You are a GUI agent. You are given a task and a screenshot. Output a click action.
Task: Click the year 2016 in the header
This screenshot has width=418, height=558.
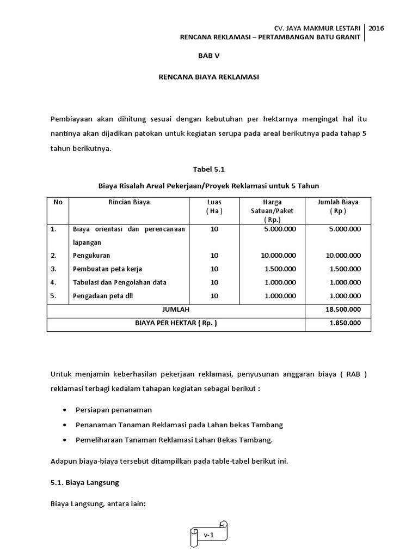click(376, 28)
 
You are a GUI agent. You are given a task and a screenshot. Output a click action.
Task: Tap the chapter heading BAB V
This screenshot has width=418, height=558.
click(208, 56)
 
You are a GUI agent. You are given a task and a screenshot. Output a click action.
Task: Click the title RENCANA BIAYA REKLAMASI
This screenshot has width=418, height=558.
click(208, 77)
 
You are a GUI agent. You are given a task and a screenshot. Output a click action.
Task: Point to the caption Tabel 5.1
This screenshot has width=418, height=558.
click(208, 169)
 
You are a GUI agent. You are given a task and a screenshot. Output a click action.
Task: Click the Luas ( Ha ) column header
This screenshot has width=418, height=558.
click(214, 207)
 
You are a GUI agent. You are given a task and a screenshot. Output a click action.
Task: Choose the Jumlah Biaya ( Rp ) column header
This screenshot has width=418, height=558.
click(337, 207)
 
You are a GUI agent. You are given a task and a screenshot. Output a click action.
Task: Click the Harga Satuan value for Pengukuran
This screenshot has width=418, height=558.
click(278, 255)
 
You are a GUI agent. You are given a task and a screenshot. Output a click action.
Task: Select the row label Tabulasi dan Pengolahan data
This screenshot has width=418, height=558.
click(120, 282)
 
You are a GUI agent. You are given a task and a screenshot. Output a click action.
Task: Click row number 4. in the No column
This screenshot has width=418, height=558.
click(54, 282)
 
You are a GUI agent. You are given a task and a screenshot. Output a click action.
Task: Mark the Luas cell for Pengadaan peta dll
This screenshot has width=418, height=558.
click(214, 295)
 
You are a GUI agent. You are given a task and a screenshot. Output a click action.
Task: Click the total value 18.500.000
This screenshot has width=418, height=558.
click(343, 309)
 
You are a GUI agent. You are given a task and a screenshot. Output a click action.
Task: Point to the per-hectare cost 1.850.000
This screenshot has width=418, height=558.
click(345, 323)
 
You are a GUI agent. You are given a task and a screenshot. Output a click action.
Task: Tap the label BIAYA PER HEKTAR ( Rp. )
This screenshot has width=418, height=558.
click(176, 323)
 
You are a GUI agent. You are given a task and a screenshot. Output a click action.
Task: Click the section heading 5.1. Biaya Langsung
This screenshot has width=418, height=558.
click(84, 483)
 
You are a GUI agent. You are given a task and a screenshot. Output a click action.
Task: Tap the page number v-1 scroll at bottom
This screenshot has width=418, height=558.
click(209, 535)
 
